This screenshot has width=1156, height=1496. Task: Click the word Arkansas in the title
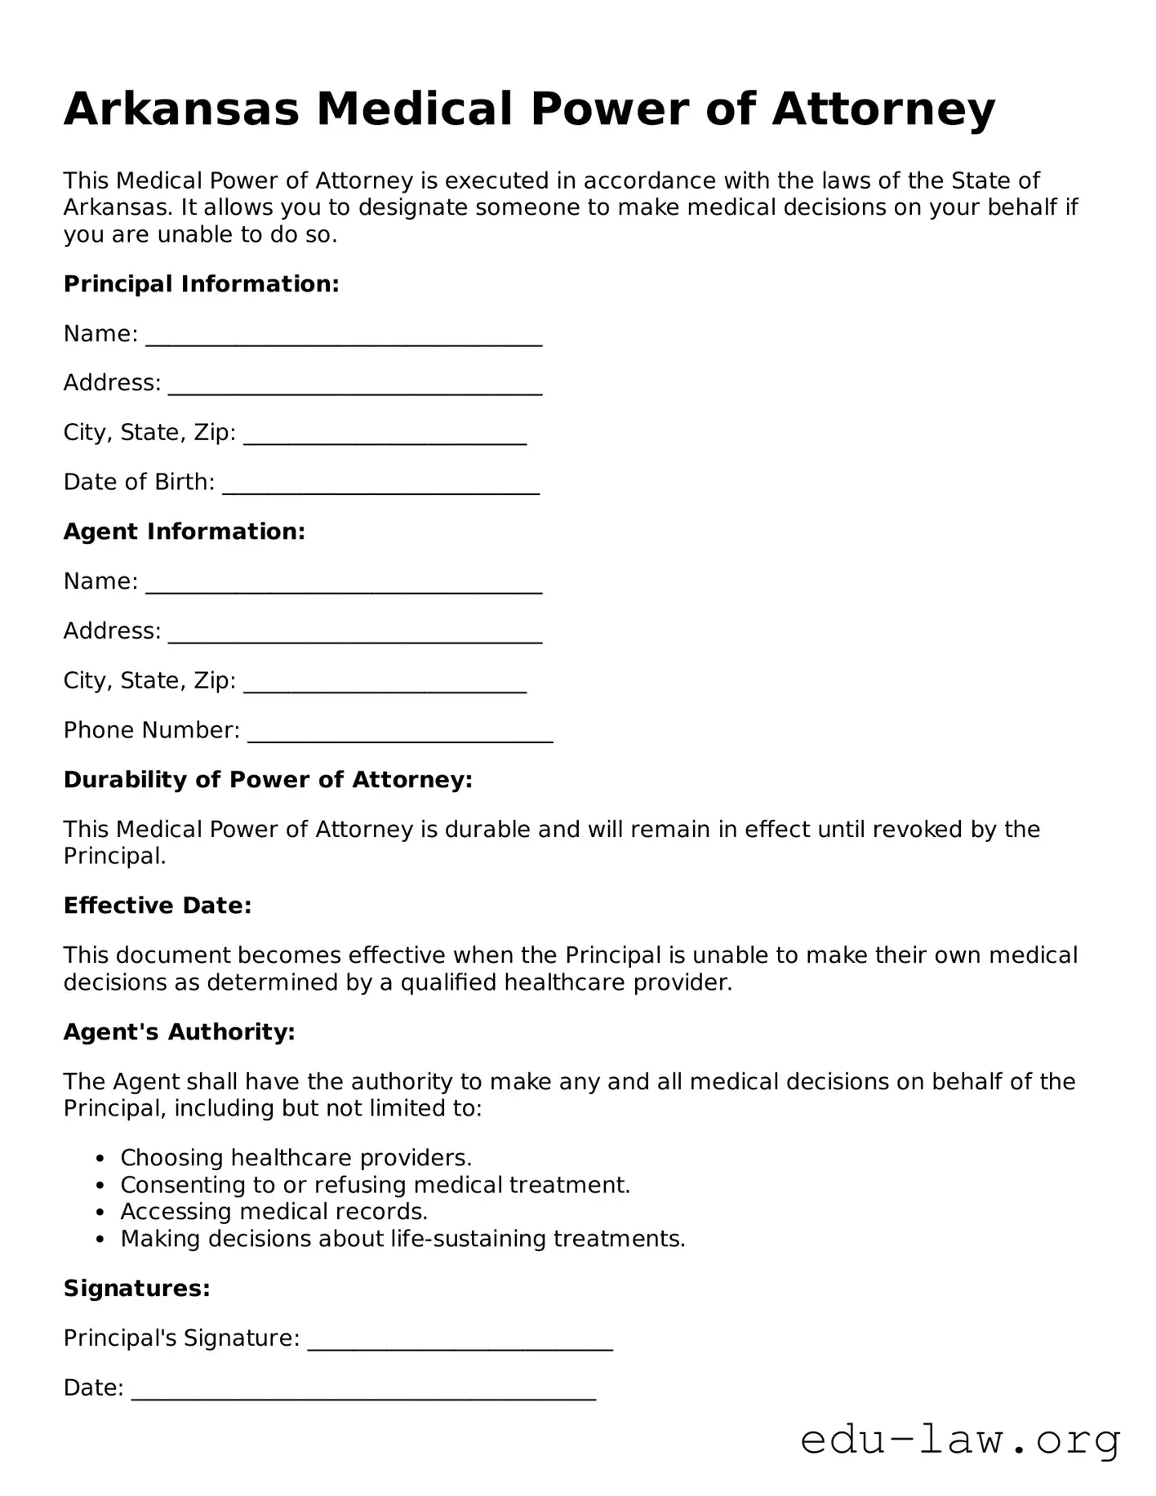pyautogui.click(x=181, y=109)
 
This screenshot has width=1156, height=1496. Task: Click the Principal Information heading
pyautogui.click(x=201, y=284)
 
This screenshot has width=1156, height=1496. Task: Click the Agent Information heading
pyautogui.click(x=185, y=532)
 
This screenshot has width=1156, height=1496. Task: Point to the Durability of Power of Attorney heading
pyautogui.click(x=268, y=780)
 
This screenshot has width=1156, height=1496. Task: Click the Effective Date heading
pyautogui.click(x=158, y=906)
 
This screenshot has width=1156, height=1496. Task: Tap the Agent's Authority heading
pyautogui.click(x=179, y=1032)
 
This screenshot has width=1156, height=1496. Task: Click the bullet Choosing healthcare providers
pyautogui.click(x=296, y=1158)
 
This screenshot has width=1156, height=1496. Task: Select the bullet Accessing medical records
pyautogui.click(x=273, y=1212)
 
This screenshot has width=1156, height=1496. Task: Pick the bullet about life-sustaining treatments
pyautogui.click(x=402, y=1239)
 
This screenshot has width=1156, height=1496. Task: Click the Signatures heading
pyautogui.click(x=137, y=1289)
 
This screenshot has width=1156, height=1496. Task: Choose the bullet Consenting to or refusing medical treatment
pyautogui.click(x=375, y=1185)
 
